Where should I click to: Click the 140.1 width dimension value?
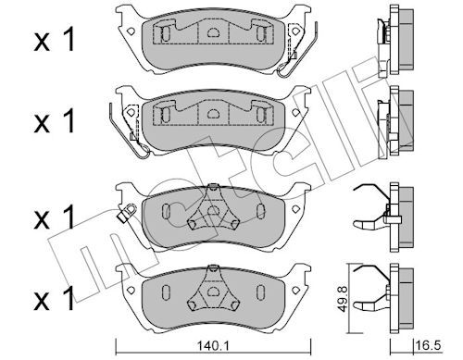pyautogui.click(x=213, y=346)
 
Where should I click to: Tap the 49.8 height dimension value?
pyautogui.click(x=342, y=299)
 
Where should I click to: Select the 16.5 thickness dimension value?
pyautogui.click(x=429, y=345)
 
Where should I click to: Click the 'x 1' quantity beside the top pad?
pyautogui.click(x=55, y=40)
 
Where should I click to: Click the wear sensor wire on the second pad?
pyautogui.click(x=128, y=130)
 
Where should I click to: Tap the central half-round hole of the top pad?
pyautogui.click(x=212, y=32)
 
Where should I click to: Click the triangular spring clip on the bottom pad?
pyautogui.click(x=212, y=290)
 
